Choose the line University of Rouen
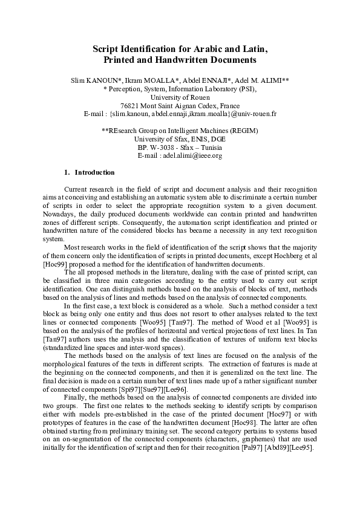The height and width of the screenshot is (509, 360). [180, 97]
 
